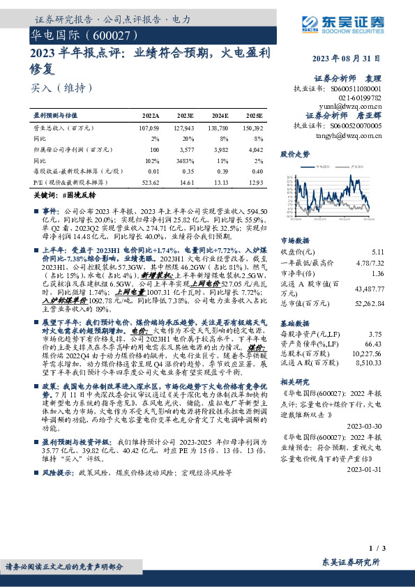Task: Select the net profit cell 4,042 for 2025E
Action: [255, 150]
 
